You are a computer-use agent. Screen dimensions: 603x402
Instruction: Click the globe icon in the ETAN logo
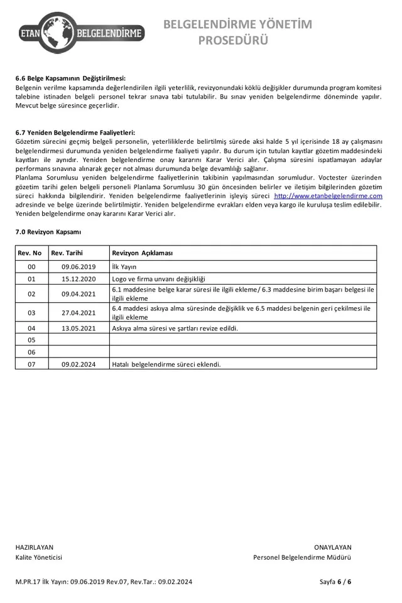[63, 32]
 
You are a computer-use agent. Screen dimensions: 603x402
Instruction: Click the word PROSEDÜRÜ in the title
[233, 41]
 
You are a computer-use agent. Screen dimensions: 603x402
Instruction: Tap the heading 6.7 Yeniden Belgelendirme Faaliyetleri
[75, 132]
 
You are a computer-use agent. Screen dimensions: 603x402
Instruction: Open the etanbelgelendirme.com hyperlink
[329, 196]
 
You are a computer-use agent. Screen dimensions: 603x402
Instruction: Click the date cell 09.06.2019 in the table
[79, 266]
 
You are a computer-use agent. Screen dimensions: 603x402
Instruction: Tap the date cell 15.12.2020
[79, 278]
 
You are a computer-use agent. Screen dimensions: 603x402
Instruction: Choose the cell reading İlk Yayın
[124, 266]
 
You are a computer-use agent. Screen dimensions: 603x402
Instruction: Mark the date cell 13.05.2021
[79, 328]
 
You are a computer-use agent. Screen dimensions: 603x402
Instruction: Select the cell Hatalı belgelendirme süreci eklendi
[166, 364]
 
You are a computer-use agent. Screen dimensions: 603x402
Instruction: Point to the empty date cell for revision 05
[79, 340]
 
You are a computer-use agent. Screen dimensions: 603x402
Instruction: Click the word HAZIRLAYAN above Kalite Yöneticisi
[35, 547]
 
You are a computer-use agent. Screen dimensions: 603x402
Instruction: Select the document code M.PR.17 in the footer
[28, 582]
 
